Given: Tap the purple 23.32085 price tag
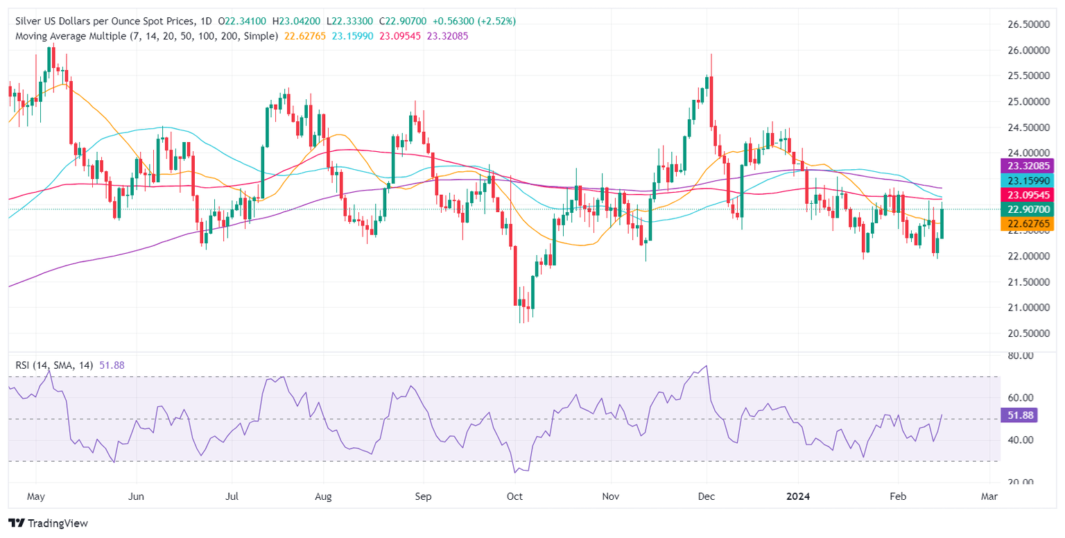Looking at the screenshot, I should click(x=1028, y=166).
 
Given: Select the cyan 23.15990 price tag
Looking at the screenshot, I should click(x=1028, y=179).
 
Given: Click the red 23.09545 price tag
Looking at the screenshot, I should click(x=1028, y=196).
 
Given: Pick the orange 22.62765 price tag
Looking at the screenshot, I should click(x=1028, y=223).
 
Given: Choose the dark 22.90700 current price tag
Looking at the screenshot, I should click(x=1028, y=209).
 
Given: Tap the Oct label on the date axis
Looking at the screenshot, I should click(x=514, y=497).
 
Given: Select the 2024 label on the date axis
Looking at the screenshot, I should click(x=798, y=497).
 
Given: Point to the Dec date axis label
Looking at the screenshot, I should click(x=707, y=497).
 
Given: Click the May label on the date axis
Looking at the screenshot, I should click(x=36, y=497).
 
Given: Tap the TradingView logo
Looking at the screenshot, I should click(x=48, y=523).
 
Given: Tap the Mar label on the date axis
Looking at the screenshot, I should click(x=989, y=497).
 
